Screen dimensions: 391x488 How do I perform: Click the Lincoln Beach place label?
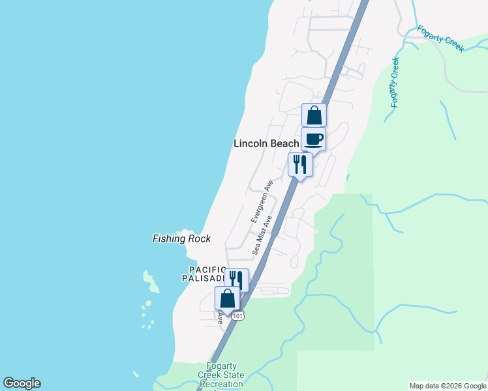click(266, 143)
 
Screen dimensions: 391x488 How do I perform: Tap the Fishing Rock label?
click(181, 239)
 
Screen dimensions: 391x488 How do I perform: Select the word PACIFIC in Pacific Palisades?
click(207, 269)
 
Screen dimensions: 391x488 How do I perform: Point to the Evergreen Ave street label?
click(260, 203)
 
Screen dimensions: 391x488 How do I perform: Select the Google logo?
click(22, 383)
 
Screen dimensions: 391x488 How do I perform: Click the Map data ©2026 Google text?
click(448, 386)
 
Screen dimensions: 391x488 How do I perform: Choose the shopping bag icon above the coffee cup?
click(314, 115)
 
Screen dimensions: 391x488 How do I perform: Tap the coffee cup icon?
click(313, 139)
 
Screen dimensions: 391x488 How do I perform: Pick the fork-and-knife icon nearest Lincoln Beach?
click(300, 164)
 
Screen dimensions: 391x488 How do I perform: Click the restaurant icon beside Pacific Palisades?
click(237, 280)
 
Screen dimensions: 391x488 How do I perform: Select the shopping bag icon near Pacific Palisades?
click(228, 298)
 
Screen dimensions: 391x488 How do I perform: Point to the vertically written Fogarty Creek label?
click(394, 82)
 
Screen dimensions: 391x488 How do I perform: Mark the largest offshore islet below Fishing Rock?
click(153, 282)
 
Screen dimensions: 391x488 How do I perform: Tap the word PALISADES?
click(203, 278)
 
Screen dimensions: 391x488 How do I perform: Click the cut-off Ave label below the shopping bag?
click(221, 317)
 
